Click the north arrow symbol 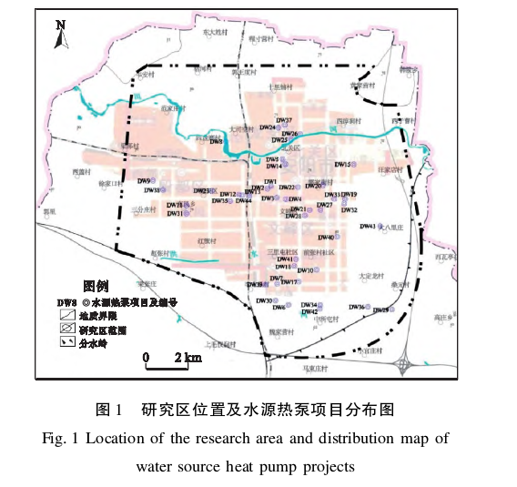tap(60, 34)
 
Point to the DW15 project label tap(342, 165)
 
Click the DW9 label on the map tap(144, 181)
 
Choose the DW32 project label tap(349, 210)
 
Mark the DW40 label tap(326, 238)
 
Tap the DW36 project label tap(356, 308)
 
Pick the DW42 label tap(309, 312)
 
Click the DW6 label tap(279, 308)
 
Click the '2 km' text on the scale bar tap(188, 357)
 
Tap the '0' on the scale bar tap(146, 357)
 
